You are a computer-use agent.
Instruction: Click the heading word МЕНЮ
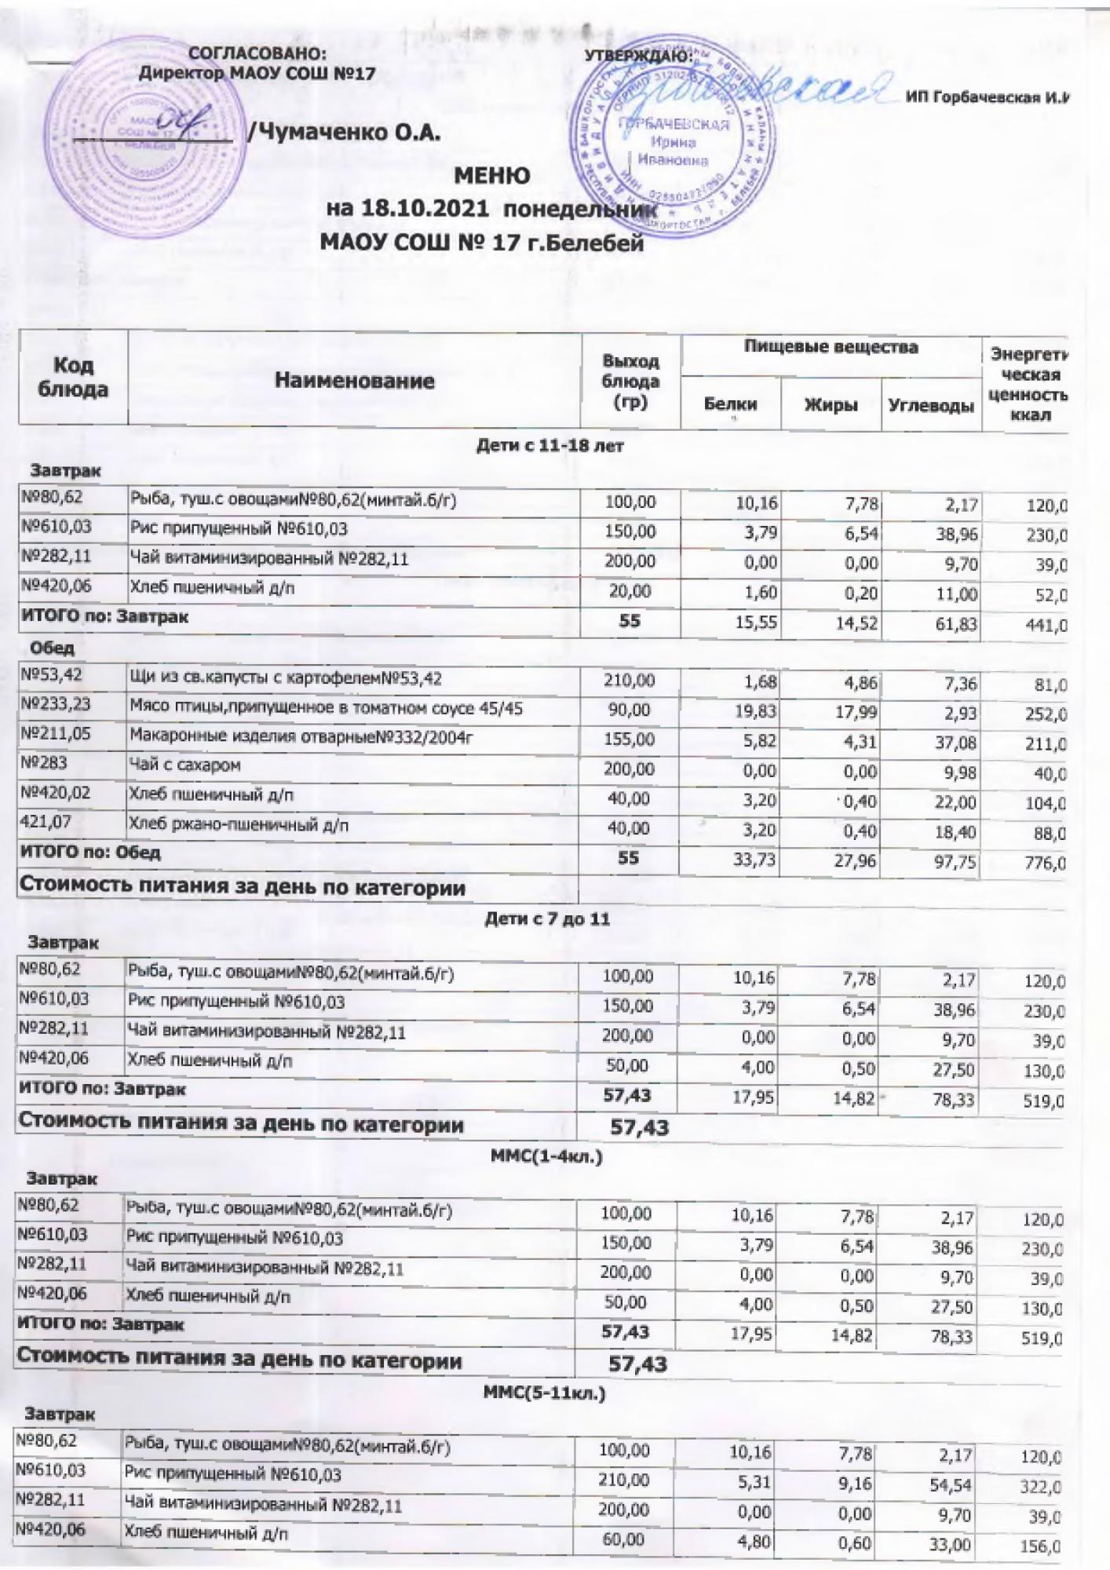(492, 175)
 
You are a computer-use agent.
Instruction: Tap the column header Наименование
(354, 381)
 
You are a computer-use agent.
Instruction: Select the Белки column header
(730, 404)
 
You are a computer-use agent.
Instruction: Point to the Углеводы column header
(930, 406)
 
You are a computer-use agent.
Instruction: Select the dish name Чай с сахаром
(185, 765)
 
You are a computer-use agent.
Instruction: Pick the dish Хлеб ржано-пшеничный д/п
(239, 824)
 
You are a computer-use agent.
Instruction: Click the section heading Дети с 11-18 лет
(550, 446)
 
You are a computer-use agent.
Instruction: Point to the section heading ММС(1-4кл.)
(546, 1156)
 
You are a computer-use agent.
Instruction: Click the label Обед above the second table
(53, 648)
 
